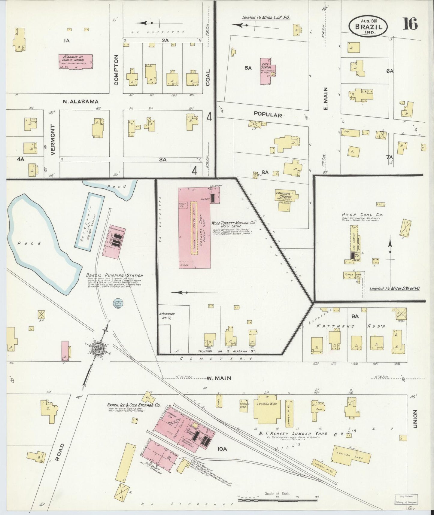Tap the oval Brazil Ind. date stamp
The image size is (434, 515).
pyautogui.click(x=368, y=26)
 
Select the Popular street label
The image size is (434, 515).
pyautogui.click(x=267, y=115)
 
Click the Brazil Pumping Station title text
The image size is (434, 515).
pyautogui.click(x=114, y=275)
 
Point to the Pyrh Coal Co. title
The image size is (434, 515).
pyautogui.click(x=362, y=215)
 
